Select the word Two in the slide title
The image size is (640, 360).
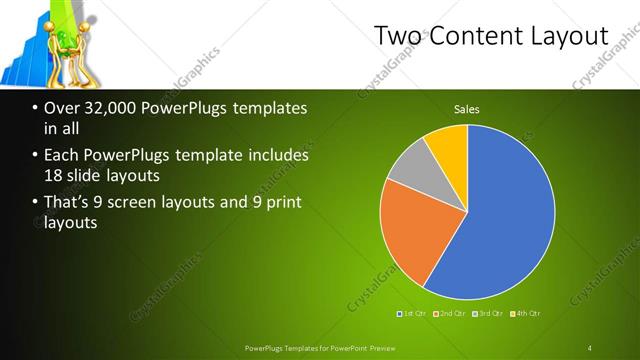coord(396,36)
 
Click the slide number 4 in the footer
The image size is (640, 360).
coord(591,347)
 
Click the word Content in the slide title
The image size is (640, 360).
coord(473,36)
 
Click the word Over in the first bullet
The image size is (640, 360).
coord(63,108)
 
